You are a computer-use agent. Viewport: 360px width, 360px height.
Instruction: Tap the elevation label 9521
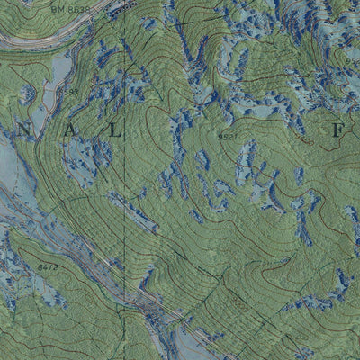228,137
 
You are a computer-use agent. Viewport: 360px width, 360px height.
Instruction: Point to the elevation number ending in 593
67,92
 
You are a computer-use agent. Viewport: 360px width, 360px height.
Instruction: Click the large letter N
24,131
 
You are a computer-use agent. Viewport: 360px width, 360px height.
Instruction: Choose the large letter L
114,131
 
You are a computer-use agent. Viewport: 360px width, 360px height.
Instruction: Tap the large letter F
337,131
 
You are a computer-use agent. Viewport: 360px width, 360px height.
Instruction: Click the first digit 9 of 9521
220,137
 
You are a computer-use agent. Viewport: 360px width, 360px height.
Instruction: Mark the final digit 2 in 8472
57,266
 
